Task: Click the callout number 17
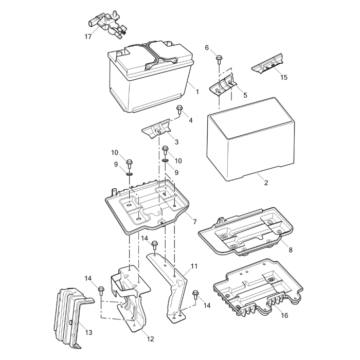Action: pyautogui.click(x=88, y=37)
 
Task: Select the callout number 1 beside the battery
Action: pyautogui.click(x=197, y=91)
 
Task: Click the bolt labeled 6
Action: pyautogui.click(x=219, y=59)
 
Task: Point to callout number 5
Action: pyautogui.click(x=245, y=95)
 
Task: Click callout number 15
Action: pyautogui.click(x=284, y=77)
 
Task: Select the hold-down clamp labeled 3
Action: pyautogui.click(x=157, y=129)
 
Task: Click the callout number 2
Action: pyautogui.click(x=266, y=183)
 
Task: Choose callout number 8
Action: pyautogui.click(x=291, y=250)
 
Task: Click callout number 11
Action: pyautogui.click(x=194, y=266)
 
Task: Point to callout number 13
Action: pyautogui.click(x=88, y=332)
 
